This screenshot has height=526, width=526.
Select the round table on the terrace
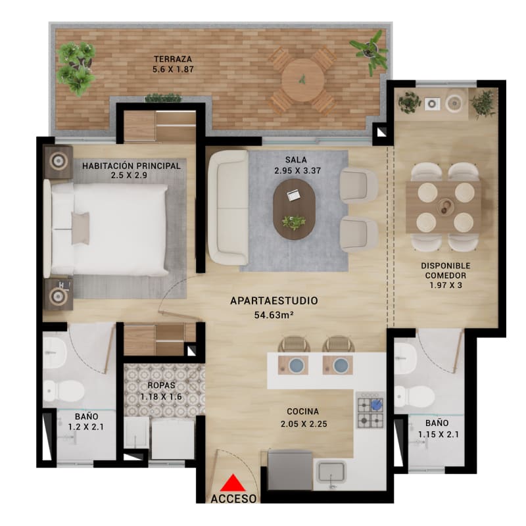click(301, 80)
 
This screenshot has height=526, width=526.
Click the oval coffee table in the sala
click(294, 209)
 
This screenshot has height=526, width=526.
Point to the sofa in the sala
click(227, 207)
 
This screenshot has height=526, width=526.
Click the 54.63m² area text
click(274, 315)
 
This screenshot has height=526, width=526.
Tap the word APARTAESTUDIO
click(274, 301)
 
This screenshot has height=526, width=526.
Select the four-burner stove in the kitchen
click(371, 410)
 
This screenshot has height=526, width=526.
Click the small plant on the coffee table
click(294, 222)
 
